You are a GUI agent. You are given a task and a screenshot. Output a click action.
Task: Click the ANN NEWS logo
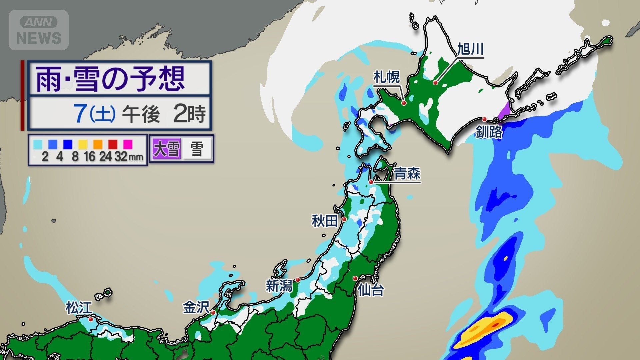tap(39, 30)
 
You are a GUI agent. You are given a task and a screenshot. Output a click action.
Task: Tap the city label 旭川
tap(470, 49)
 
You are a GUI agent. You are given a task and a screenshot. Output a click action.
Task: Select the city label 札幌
tap(386, 77)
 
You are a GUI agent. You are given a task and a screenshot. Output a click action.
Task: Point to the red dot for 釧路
tap(484, 119)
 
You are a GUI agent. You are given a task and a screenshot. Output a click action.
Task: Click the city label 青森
tap(407, 174)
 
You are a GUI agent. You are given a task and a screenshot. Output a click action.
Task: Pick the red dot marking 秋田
tap(344, 219)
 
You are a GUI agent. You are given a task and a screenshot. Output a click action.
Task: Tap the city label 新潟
tap(279, 286)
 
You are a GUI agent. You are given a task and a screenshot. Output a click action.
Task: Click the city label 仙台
tap(371, 290)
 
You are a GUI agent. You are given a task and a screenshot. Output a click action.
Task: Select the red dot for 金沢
tap(213, 313)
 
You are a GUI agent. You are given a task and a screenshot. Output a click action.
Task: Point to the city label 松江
tap(79, 308)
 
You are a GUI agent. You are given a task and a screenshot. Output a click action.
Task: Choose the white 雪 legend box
tap(197, 149)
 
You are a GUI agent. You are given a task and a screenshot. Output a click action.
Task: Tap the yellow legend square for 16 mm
tap(83, 144)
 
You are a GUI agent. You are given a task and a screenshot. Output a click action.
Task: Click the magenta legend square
tap(128, 144)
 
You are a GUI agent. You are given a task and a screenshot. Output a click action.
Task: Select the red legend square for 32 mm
tap(113, 144)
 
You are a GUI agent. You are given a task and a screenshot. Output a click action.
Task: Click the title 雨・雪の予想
tap(110, 79)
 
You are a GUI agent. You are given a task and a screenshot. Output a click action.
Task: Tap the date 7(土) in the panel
tap(95, 113)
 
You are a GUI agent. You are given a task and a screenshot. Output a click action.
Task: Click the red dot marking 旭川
tap(435, 82)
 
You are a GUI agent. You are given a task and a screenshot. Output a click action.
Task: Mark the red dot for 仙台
tap(355, 278)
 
